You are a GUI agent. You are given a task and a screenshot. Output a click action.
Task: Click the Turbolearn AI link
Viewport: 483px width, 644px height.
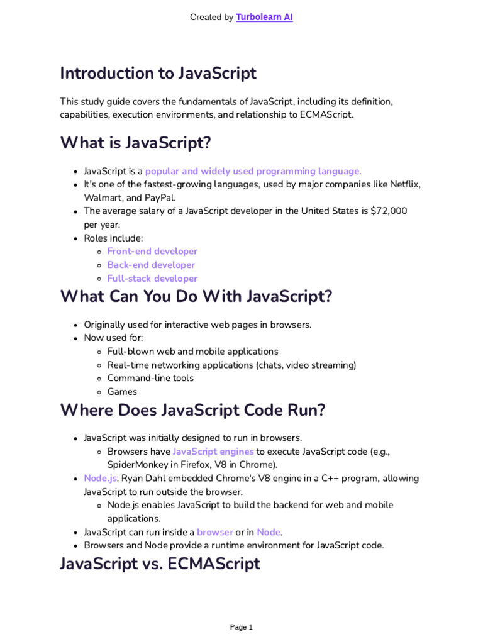[x=264, y=18]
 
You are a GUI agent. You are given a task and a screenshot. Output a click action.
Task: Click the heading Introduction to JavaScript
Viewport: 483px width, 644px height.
[x=158, y=73]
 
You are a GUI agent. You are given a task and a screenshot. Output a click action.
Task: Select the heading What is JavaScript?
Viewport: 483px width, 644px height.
[x=135, y=143]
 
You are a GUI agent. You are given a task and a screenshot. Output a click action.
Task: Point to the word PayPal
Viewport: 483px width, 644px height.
[x=143, y=197]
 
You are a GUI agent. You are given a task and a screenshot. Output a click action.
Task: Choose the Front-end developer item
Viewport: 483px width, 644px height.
[x=152, y=251]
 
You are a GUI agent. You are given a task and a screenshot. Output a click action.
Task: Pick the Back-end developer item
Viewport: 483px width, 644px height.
[x=151, y=265]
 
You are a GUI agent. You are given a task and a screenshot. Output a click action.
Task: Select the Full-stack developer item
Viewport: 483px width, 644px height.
[x=152, y=279]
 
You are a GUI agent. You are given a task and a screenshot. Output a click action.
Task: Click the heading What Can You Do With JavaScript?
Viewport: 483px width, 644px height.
[x=196, y=296]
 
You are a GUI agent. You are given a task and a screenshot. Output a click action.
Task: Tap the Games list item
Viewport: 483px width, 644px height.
[x=122, y=392]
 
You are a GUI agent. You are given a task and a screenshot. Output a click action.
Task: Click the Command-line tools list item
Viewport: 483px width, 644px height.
[x=150, y=378]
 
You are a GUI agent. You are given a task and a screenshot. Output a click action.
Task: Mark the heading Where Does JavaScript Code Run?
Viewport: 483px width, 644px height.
[x=192, y=410]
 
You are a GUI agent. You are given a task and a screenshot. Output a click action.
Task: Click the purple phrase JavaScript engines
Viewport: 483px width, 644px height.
[x=213, y=452]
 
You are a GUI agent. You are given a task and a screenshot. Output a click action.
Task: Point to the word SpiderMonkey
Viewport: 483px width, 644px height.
[x=137, y=465]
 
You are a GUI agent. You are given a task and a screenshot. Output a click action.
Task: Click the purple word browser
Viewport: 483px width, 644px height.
[x=214, y=532]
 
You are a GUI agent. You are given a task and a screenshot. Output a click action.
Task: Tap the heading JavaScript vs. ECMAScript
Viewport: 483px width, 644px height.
[x=160, y=563]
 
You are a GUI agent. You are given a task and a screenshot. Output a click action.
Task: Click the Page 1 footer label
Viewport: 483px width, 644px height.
[x=241, y=627]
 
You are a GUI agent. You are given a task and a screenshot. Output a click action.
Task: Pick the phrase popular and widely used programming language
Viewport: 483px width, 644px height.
[x=253, y=171]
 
